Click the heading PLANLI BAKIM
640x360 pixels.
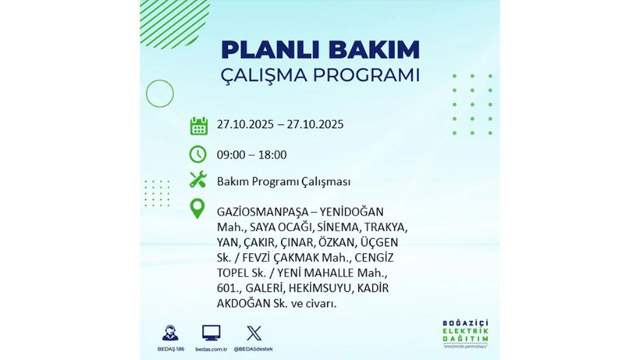tap(320, 48)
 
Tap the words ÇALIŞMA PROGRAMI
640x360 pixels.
tap(320, 76)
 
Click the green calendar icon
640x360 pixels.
tap(198, 125)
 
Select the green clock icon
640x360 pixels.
tap(198, 154)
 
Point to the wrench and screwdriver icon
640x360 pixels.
tap(198, 181)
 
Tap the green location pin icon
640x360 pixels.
tap(198, 209)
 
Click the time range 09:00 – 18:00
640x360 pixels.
tap(252, 155)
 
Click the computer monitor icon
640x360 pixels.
tap(212, 331)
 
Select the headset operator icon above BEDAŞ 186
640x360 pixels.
tap(169, 331)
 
